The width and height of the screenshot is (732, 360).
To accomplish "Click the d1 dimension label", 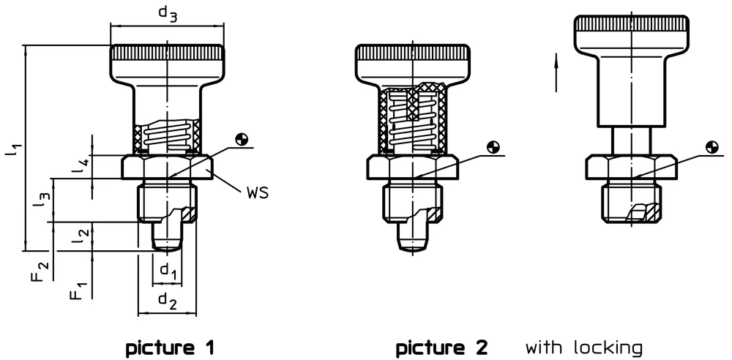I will coord(169,271).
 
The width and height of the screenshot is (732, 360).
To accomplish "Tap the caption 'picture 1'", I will coord(170,346).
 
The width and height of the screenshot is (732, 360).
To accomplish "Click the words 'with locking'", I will coord(583,346).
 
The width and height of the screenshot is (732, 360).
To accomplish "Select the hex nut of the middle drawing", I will coord(412,168).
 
